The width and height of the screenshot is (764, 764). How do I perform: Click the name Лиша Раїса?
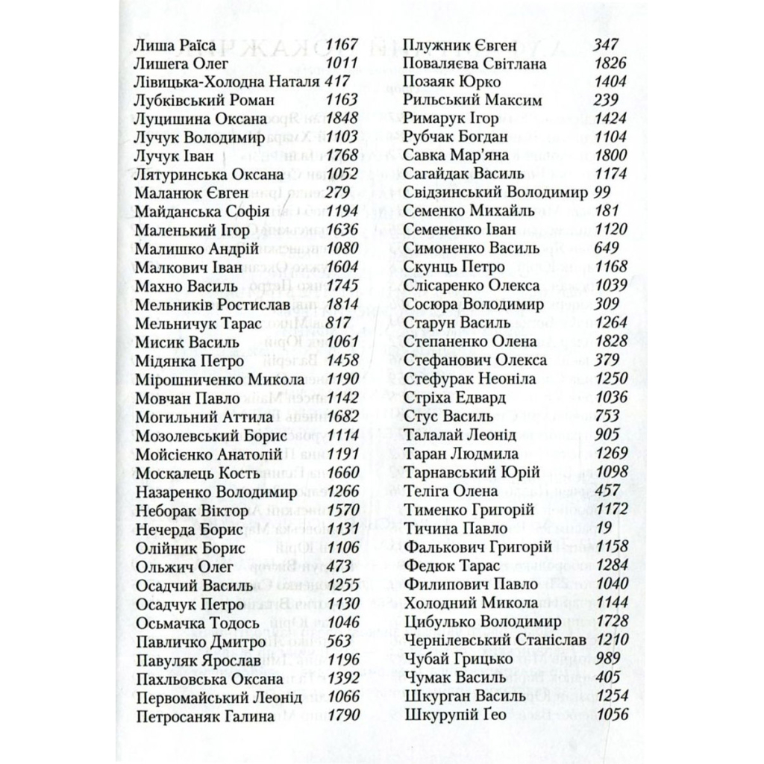pyautogui.click(x=175, y=46)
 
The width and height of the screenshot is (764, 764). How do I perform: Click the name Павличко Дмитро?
pyautogui.click(x=201, y=642)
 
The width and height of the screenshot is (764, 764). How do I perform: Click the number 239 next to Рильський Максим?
pyautogui.click(x=607, y=100)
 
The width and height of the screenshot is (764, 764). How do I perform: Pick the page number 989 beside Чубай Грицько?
pyautogui.click(x=609, y=658)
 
